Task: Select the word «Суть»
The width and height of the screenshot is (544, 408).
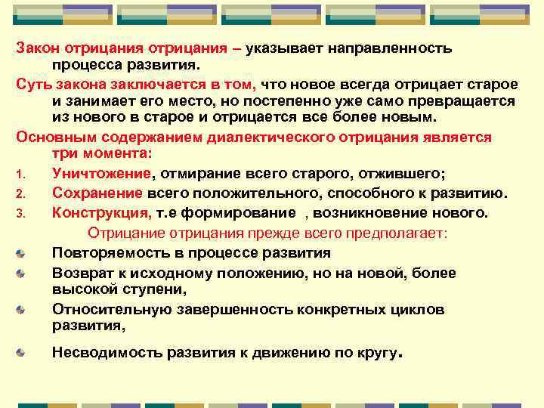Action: click(x=32, y=84)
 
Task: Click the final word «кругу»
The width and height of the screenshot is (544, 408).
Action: click(x=372, y=351)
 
